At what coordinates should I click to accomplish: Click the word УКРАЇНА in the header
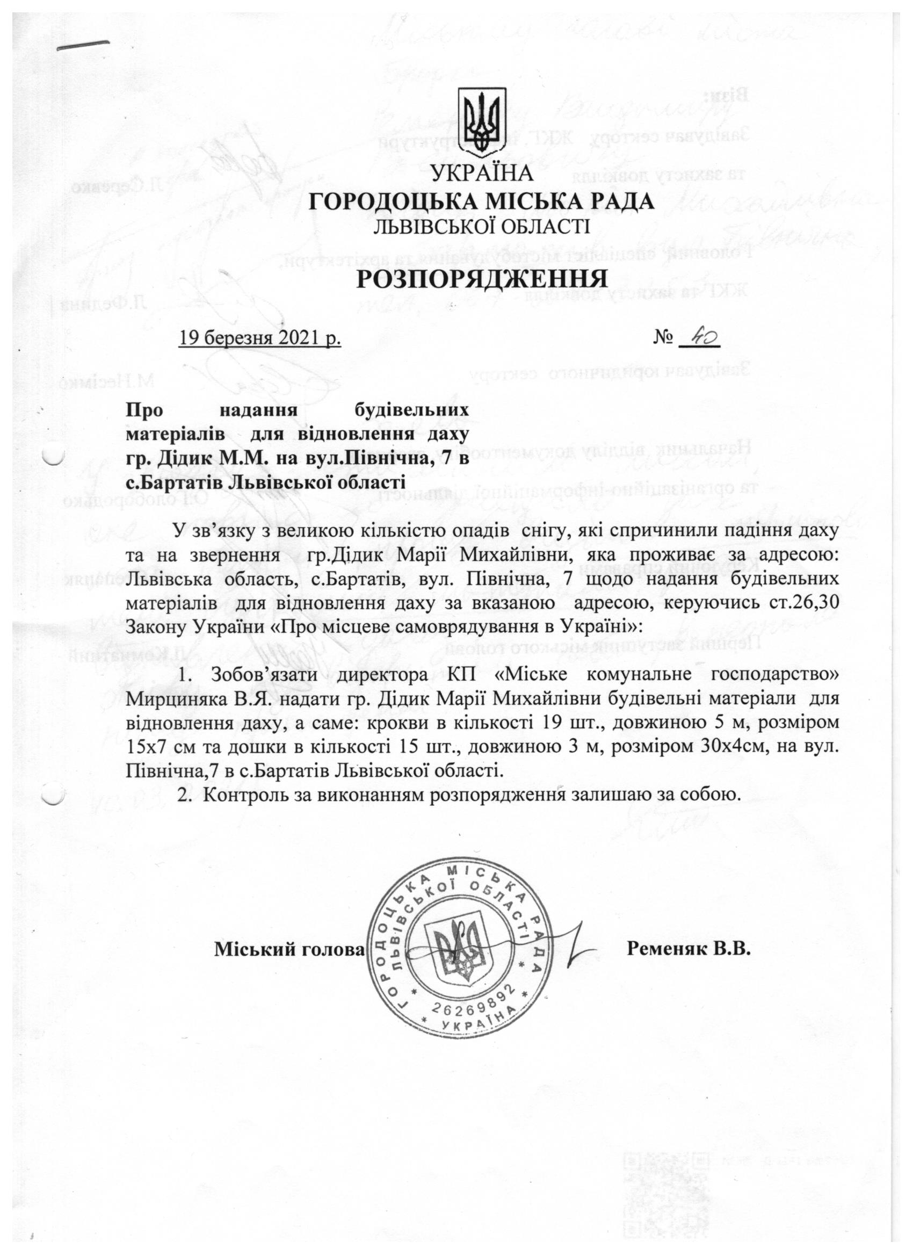[x=482, y=174]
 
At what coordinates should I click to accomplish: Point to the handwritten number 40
[x=700, y=336]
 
